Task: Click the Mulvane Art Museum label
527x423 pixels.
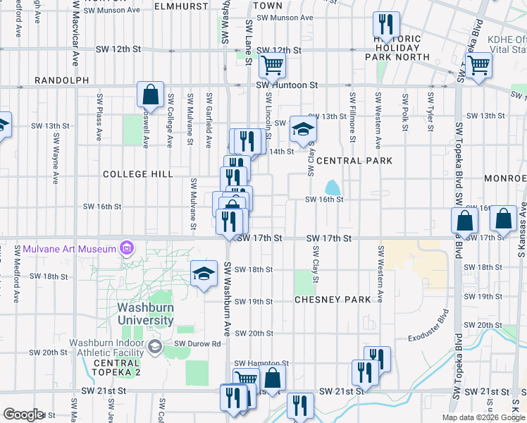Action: [68, 249]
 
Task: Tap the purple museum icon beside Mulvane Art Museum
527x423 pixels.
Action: [127, 248]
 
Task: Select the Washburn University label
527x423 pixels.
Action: [146, 314]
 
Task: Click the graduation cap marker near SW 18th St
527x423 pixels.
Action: [203, 273]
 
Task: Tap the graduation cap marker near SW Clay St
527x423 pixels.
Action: [303, 128]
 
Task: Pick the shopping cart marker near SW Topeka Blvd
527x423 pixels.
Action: [478, 66]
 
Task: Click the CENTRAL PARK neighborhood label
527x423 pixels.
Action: [354, 161]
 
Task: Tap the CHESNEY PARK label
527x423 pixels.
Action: [333, 300]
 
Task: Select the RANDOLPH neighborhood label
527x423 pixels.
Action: [62, 81]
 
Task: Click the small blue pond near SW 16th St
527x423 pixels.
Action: [332, 188]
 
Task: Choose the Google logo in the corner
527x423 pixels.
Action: [23, 415]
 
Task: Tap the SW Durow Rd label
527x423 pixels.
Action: [198, 344]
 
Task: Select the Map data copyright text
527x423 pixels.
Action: [483, 417]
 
